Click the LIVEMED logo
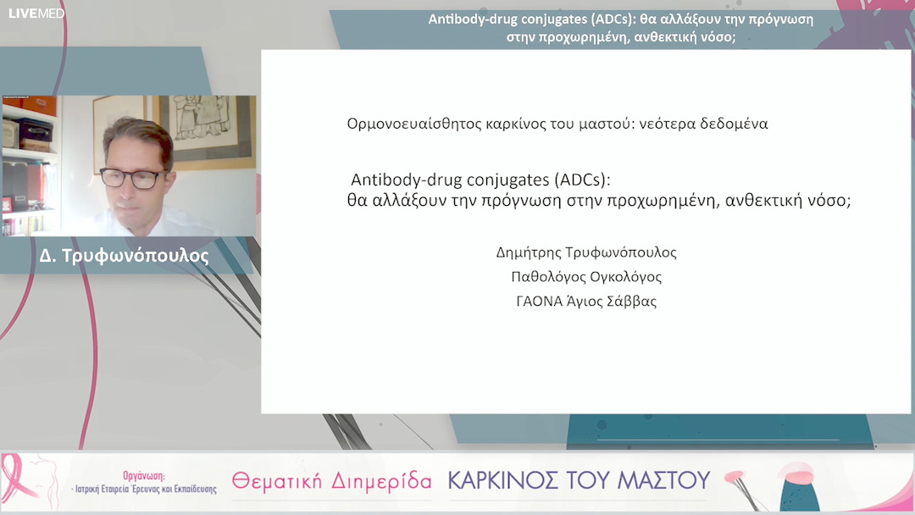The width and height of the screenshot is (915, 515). (36, 14)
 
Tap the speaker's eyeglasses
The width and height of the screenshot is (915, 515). (133, 178)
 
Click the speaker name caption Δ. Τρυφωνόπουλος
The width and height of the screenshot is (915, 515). (124, 255)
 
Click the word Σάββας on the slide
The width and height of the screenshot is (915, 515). (634, 302)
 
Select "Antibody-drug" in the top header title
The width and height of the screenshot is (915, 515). (480, 19)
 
